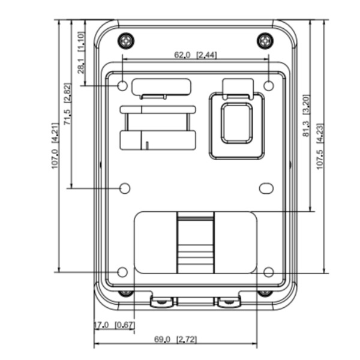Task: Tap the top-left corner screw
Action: (125, 41)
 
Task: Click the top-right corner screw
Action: (265, 41)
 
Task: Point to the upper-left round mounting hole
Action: (122, 86)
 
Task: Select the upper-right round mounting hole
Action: (269, 86)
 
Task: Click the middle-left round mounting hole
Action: (125, 188)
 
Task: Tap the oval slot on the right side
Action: (266, 188)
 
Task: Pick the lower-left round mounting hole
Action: (122, 272)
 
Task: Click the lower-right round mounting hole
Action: (269, 272)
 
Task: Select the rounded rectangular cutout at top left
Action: (161, 86)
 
